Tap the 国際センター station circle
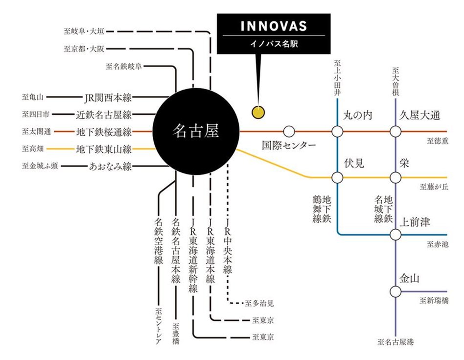tap(289, 132)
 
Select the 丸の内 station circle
tap(337, 132)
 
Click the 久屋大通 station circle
tap(395, 132)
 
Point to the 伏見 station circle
tap(337, 177)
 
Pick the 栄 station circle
tap(395, 177)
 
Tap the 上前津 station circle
tap(395, 235)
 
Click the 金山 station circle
tap(395, 291)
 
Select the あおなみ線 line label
tap(110, 166)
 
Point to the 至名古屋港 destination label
tap(395, 341)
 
